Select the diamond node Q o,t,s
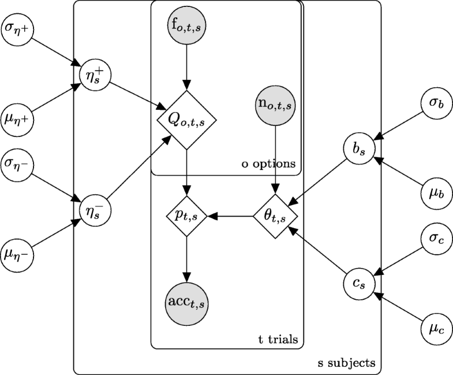pyautogui.click(x=186, y=121)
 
